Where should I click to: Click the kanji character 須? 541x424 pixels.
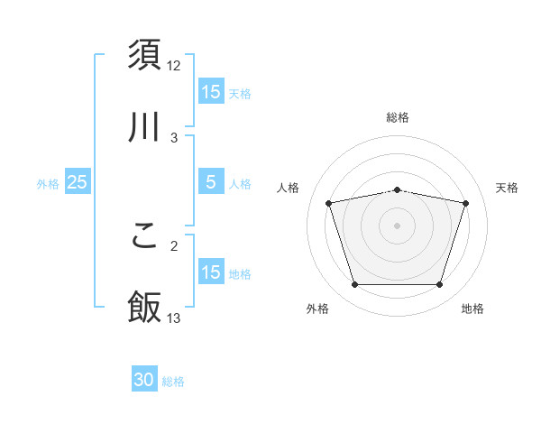(144, 55)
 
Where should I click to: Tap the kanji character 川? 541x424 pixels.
(144, 129)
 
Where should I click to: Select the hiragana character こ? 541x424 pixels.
(144, 235)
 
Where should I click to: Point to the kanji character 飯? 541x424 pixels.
(144, 308)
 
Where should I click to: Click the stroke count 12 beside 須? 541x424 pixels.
(174, 65)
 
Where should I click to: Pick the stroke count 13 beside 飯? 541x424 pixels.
(174, 318)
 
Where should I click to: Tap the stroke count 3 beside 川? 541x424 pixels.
(174, 138)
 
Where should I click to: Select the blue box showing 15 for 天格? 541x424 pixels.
(211, 91)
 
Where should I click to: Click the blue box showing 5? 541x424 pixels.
(211, 182)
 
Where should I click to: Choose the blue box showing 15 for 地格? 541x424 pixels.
(211, 272)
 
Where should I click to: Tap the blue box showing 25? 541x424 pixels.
(78, 182)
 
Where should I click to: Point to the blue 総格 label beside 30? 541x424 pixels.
(174, 382)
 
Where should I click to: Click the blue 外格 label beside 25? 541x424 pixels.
(48, 183)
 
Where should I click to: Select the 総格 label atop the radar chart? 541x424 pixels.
(398, 117)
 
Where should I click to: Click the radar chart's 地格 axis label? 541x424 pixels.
(472, 309)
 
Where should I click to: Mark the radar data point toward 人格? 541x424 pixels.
(329, 203)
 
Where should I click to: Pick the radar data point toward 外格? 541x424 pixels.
(355, 285)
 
